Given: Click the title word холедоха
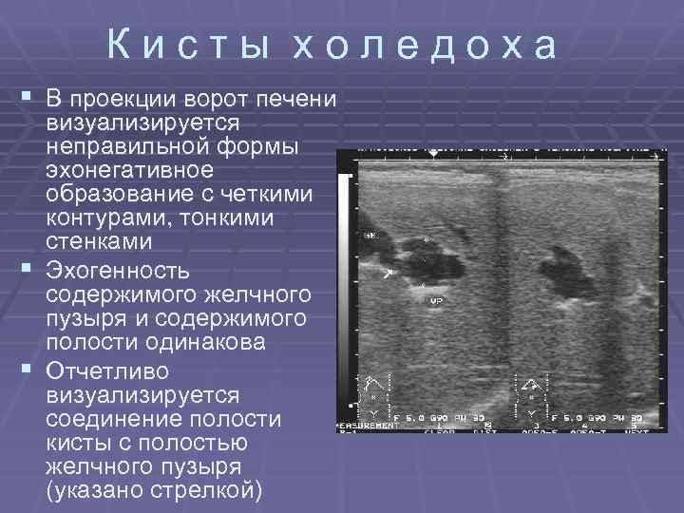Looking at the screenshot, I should pos(423,46).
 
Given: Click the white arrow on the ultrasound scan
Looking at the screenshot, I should pos(389,274).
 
